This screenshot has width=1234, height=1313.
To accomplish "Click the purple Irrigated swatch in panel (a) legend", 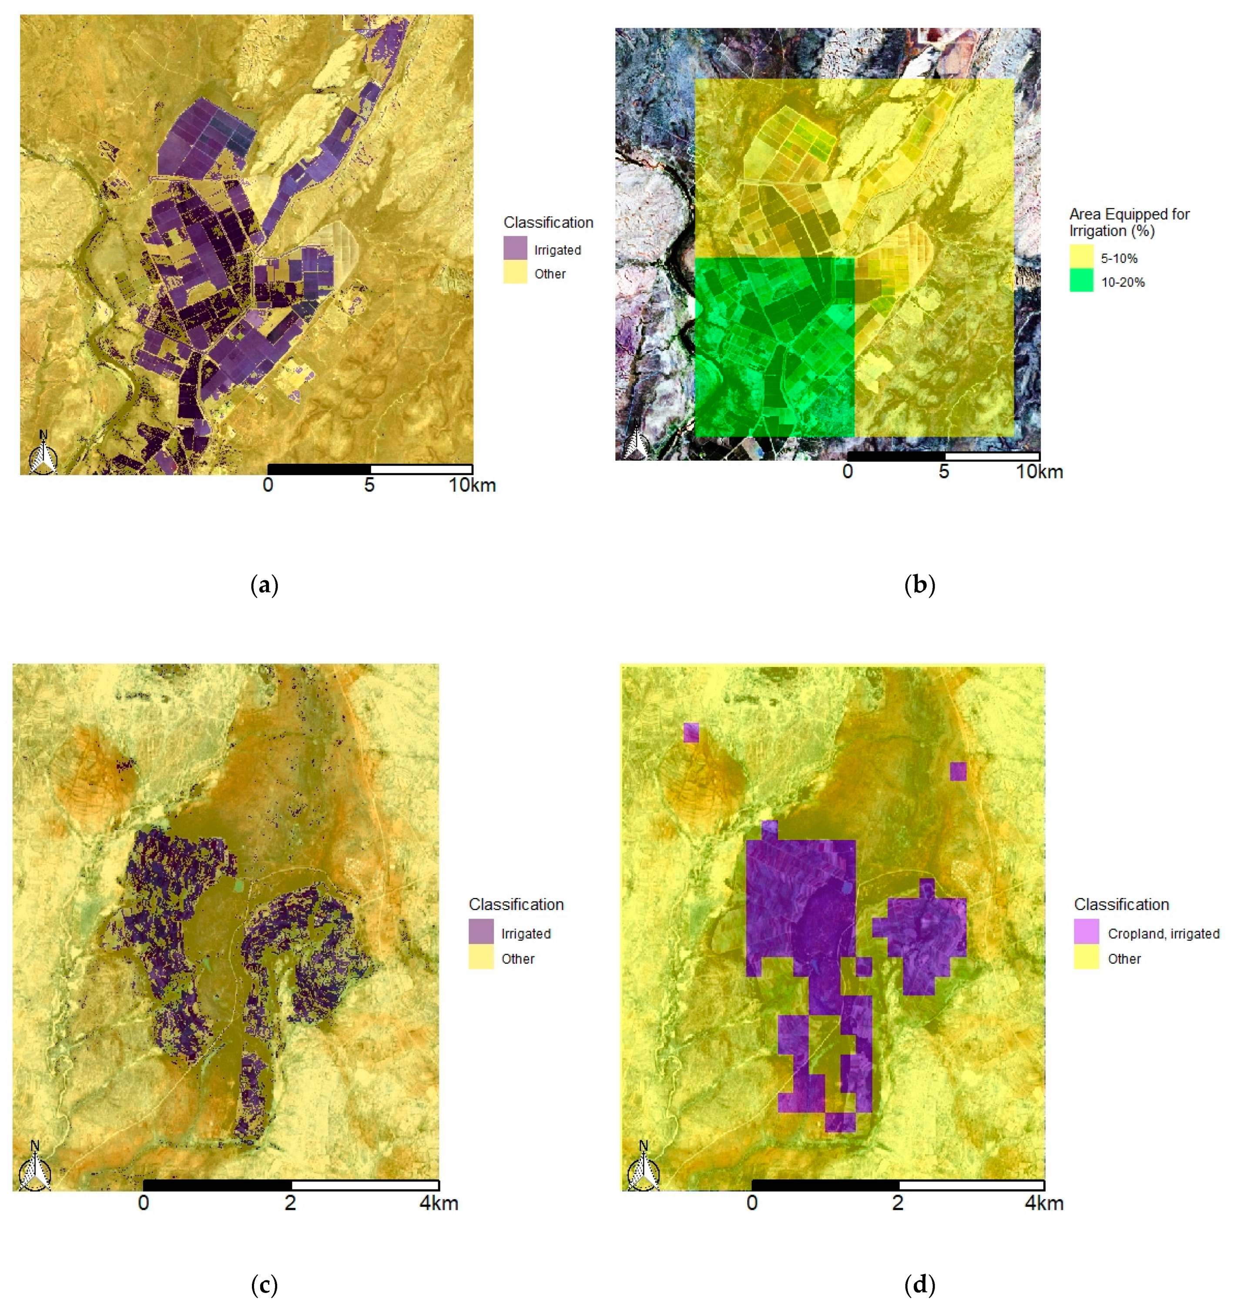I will (x=515, y=248).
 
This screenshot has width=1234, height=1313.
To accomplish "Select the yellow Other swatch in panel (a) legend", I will (x=515, y=272).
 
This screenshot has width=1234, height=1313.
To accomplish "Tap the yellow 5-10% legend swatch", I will (x=1081, y=256).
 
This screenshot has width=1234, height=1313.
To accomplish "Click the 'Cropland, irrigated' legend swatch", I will (x=1086, y=931).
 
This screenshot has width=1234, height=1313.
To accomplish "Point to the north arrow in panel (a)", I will (x=44, y=454).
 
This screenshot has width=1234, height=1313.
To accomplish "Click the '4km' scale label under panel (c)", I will (x=439, y=1202).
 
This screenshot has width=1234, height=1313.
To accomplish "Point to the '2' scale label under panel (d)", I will (x=897, y=1202).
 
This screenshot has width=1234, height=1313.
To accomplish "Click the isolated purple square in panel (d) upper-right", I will (x=958, y=771).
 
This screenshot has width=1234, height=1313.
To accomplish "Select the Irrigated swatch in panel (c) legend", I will (x=481, y=931).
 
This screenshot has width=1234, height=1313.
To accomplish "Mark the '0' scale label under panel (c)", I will (x=143, y=1202).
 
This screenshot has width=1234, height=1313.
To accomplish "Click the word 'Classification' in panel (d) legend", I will (x=1121, y=904).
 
